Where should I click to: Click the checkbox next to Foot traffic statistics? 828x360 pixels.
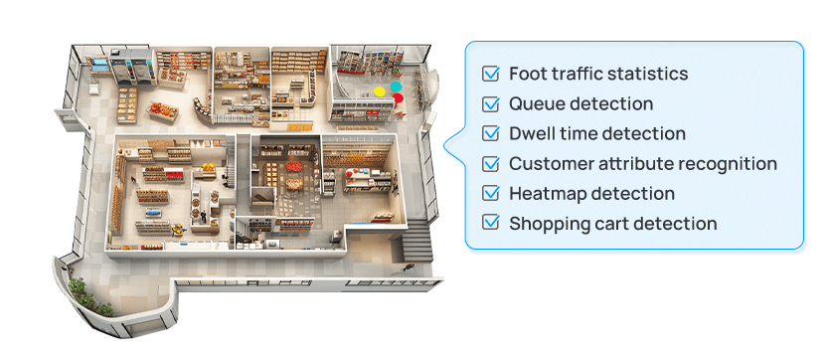click(490, 74)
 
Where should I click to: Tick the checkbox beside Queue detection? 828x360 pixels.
click(490, 103)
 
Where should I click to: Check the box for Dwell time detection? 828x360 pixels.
click(490, 133)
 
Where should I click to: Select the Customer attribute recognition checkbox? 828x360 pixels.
click(490, 164)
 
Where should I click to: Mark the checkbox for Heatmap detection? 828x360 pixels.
click(490, 194)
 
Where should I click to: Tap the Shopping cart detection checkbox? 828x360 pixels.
click(490, 224)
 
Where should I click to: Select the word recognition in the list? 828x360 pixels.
click(731, 164)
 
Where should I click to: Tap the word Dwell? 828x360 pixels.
click(530, 133)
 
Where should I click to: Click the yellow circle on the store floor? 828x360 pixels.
click(379, 92)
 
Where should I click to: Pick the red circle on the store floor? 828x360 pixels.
click(398, 99)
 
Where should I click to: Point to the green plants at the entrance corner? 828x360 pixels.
click(78, 292)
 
